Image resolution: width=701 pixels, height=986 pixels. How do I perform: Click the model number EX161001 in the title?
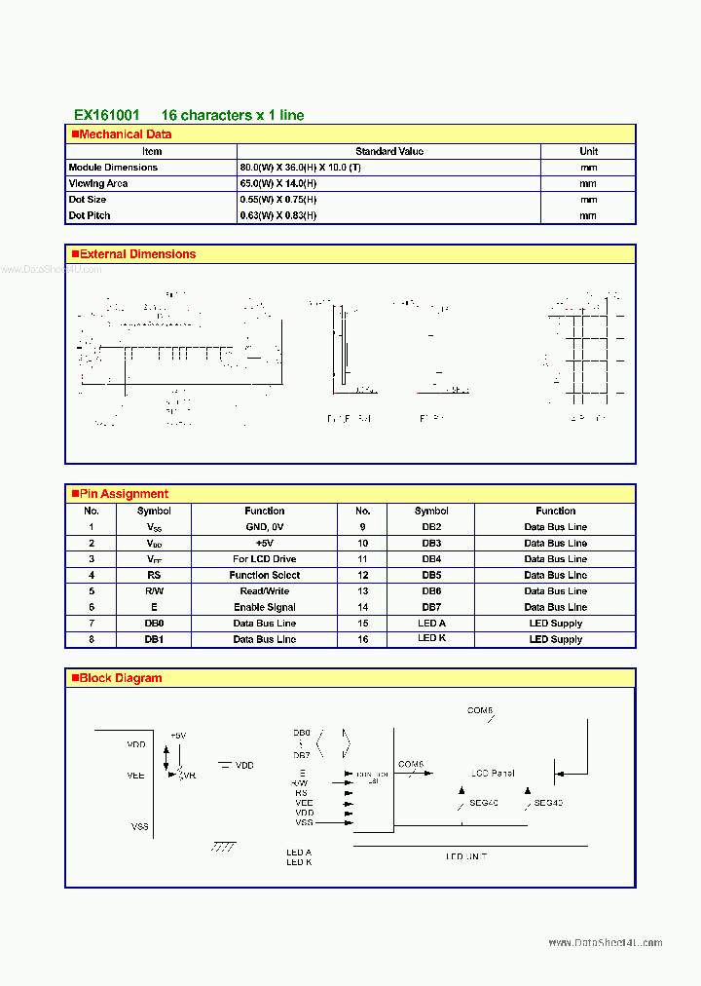tap(106, 115)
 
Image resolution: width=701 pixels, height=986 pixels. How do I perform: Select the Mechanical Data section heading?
tap(125, 134)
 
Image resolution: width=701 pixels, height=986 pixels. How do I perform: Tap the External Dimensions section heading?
tap(137, 254)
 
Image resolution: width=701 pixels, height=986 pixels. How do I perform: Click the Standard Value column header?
tap(389, 151)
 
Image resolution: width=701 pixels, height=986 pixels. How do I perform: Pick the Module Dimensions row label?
tap(113, 168)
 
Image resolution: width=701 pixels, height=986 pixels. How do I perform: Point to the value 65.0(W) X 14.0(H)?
tap(278, 183)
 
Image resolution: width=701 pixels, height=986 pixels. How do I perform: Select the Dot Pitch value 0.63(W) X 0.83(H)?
tap(278, 215)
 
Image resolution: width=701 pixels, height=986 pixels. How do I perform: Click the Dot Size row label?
tap(88, 200)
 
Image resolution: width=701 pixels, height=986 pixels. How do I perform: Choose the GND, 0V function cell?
tap(264, 527)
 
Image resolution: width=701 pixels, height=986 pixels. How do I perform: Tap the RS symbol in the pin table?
tap(154, 575)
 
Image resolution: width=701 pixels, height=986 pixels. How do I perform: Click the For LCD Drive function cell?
tap(264, 559)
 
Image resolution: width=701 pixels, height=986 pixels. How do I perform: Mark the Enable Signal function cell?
tap(264, 607)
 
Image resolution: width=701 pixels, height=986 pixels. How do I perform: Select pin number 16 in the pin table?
tap(362, 639)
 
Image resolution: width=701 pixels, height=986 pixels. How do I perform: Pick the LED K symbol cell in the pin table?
tap(431, 638)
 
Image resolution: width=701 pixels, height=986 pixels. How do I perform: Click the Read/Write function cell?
tap(264, 591)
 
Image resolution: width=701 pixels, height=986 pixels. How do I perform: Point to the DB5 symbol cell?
tap(431, 575)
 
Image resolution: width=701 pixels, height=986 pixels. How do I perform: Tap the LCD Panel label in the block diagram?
tap(493, 774)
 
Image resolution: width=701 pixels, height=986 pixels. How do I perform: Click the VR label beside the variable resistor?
tap(189, 777)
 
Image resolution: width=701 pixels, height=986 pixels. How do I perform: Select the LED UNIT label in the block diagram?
tap(466, 856)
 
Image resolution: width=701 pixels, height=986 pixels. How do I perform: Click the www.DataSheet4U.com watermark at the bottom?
tap(605, 943)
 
